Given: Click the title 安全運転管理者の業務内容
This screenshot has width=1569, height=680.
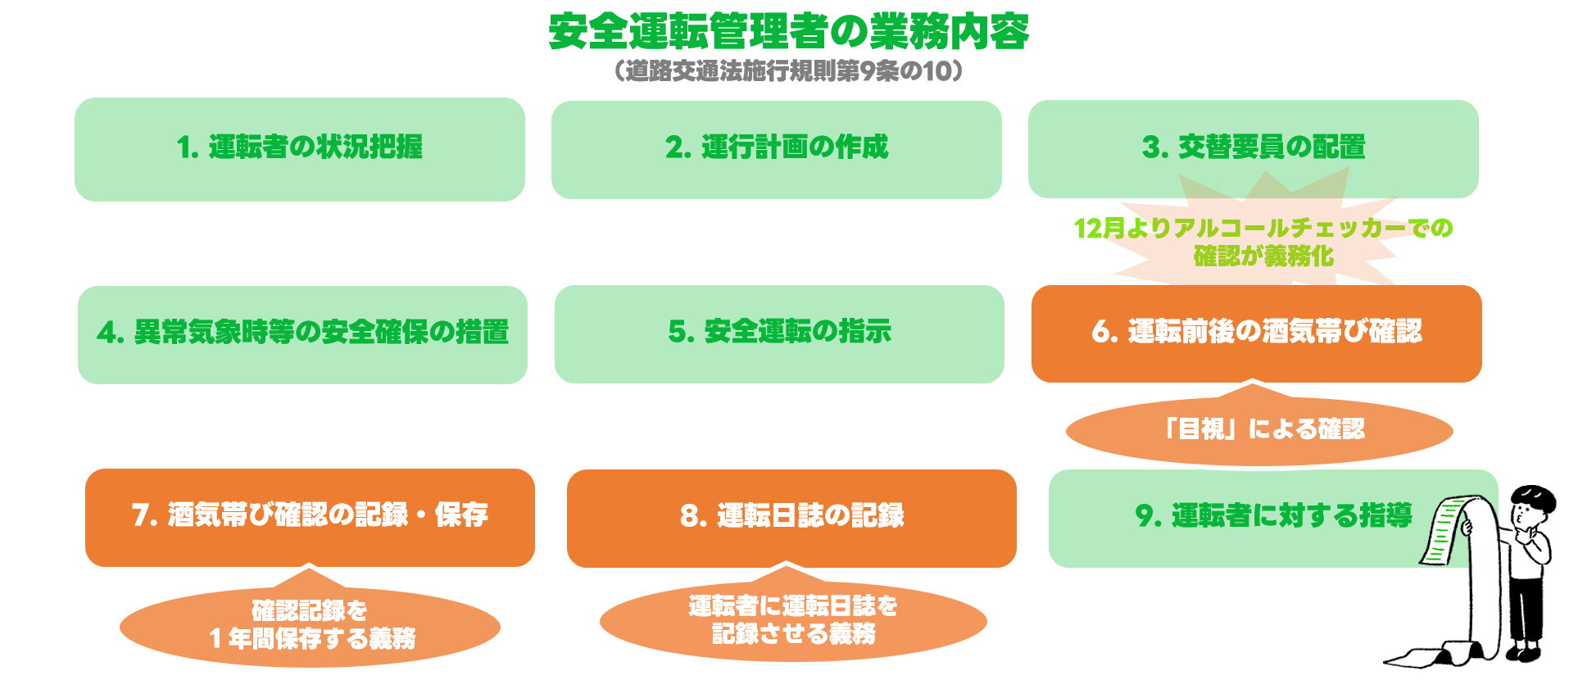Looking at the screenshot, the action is [x=788, y=32].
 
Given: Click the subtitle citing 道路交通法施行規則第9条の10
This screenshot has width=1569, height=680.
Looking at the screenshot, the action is [x=788, y=71].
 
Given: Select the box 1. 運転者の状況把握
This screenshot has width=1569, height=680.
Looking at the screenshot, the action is [x=300, y=149].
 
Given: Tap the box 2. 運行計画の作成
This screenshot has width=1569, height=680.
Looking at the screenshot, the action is [x=777, y=149].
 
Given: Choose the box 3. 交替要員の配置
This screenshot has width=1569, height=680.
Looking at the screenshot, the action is [x=1254, y=148].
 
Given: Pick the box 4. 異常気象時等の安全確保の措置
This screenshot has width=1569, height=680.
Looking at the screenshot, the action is [x=302, y=334].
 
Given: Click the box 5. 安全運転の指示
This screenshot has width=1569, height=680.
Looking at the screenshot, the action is [x=779, y=333].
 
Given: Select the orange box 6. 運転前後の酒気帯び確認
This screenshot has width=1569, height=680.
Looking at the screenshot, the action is [x=1257, y=333].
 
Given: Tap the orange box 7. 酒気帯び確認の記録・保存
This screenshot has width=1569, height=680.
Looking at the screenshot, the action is [x=310, y=517].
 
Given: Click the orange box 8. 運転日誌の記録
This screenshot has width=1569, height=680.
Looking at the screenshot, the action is [x=791, y=518].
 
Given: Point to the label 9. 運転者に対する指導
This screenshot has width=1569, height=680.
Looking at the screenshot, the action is [x=1274, y=515].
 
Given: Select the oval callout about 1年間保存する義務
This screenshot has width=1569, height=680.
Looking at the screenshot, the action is [x=310, y=627].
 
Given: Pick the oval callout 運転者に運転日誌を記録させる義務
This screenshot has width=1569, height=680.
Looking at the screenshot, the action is [x=793, y=621].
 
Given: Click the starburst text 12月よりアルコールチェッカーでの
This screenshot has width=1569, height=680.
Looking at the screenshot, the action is [x=1263, y=228].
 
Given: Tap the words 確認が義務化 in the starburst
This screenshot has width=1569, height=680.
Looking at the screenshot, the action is [x=1263, y=256].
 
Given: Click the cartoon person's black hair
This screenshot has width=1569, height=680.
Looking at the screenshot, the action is [x=1533, y=497].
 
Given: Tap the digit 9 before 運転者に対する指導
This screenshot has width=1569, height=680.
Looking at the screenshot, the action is [x=1144, y=516].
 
